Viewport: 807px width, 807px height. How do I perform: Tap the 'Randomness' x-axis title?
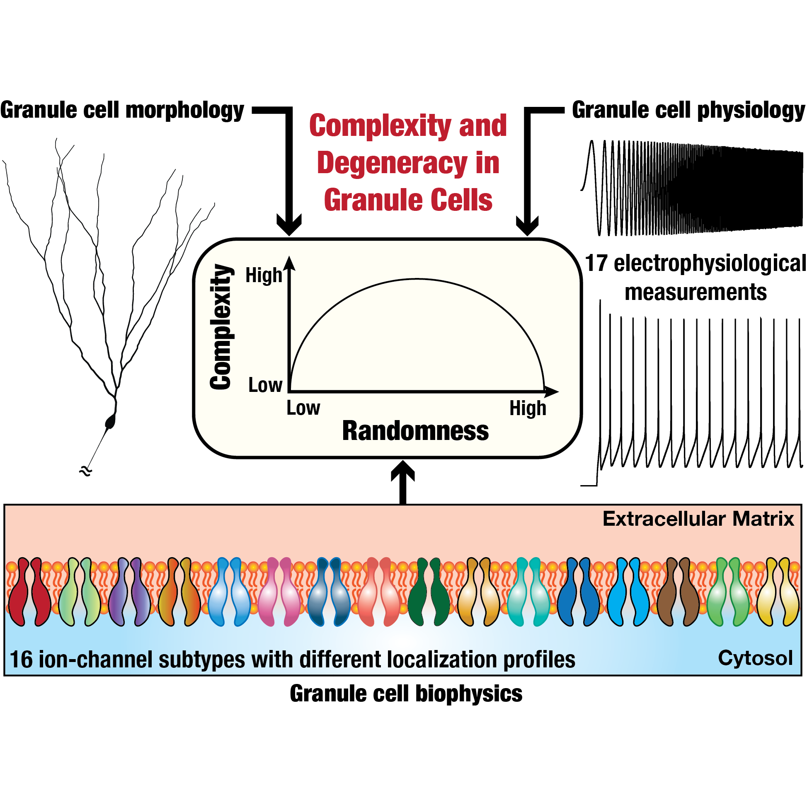click(415, 431)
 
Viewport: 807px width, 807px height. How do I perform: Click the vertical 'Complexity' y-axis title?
click(220, 327)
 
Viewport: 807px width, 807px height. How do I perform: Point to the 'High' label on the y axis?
click(264, 275)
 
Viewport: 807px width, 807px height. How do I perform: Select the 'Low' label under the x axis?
click(303, 408)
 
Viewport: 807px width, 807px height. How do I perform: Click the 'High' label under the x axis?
click(527, 408)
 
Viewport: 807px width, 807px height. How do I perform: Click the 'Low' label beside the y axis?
click(265, 385)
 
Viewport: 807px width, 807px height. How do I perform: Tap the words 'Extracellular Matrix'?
click(698, 519)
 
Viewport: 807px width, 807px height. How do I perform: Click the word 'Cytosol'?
click(755, 658)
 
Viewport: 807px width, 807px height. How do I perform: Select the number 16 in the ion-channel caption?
click(21, 660)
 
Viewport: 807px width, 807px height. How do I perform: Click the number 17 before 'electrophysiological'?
click(596, 263)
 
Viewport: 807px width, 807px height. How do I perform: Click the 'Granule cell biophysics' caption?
click(406, 694)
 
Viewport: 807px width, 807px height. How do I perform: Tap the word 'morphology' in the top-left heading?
click(184, 111)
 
